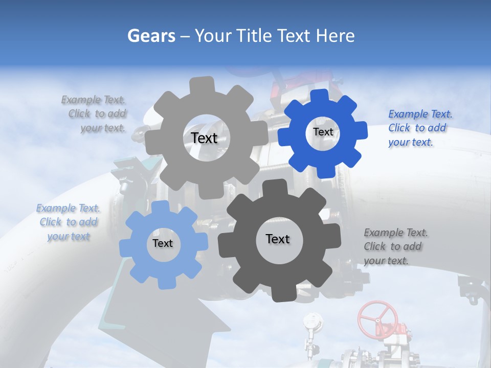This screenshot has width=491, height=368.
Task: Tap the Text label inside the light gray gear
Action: (204, 138)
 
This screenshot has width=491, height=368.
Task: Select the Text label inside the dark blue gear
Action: (323, 132)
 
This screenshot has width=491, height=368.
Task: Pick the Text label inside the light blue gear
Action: (163, 243)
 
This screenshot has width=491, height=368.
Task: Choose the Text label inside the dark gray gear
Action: (278, 239)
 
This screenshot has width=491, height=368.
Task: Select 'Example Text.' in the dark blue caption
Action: (420, 114)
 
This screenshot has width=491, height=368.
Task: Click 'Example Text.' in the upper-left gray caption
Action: (93, 100)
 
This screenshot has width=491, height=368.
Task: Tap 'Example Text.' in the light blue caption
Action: (68, 208)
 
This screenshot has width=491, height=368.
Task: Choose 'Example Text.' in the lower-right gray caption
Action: (396, 233)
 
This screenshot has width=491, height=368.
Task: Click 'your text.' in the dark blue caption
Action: (411, 142)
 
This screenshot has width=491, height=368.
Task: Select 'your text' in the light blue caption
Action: (69, 236)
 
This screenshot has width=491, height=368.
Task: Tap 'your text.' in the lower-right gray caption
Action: (386, 261)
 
